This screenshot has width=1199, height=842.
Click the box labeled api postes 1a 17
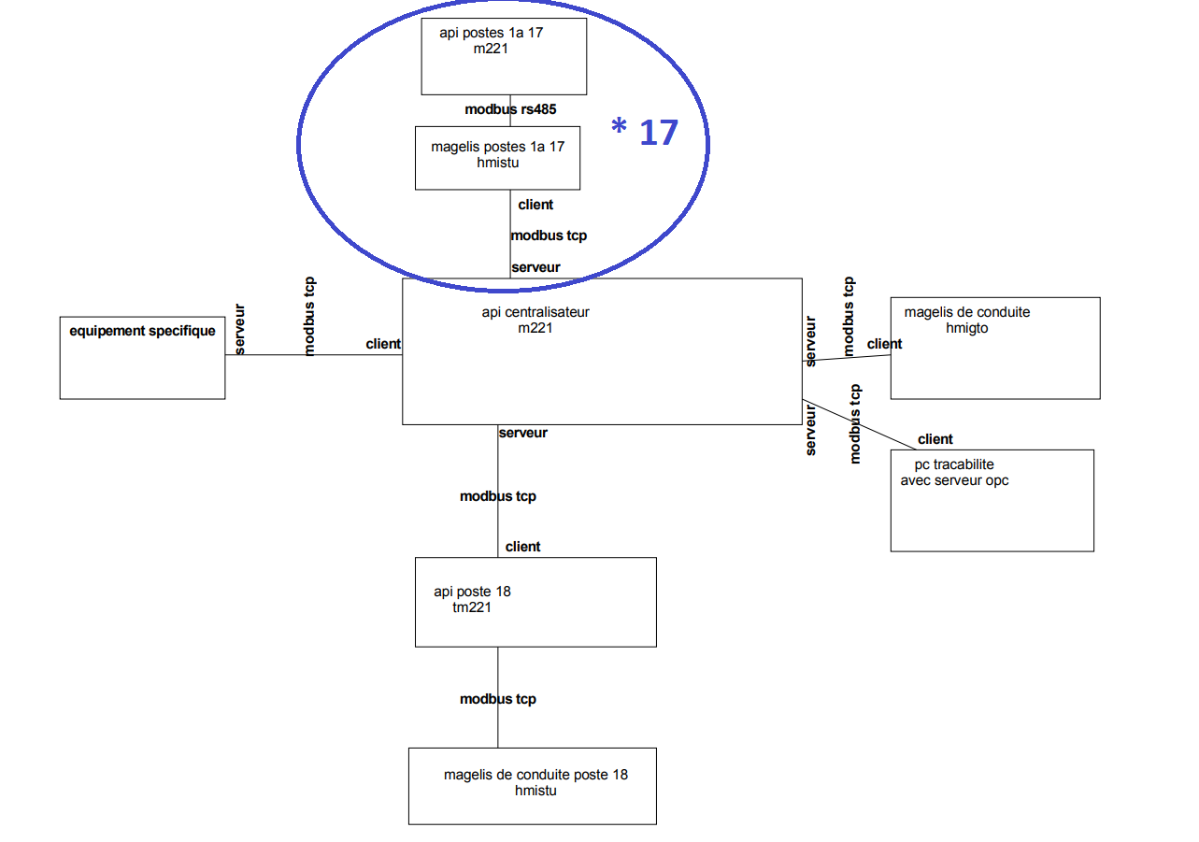point(504,56)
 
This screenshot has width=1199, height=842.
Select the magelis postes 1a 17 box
point(497,158)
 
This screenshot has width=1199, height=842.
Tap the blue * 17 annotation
point(645,133)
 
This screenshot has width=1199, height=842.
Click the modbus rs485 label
point(510,109)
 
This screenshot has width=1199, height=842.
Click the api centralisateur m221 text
point(535,320)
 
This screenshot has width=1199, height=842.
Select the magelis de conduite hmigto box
point(994,348)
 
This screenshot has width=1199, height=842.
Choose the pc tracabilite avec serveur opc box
point(992,500)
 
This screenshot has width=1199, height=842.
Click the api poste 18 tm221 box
point(535,601)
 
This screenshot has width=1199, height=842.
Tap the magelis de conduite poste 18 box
point(533,785)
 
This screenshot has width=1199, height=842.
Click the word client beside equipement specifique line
point(383,344)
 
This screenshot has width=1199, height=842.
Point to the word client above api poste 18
point(522,547)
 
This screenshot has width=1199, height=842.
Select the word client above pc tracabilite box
point(935,439)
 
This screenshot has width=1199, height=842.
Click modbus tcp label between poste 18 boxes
point(497,699)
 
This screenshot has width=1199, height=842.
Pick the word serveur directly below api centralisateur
point(522,433)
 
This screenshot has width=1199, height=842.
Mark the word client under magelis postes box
point(535,205)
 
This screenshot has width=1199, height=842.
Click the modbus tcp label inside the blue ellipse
point(549,235)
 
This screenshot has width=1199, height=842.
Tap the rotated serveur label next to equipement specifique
point(239,329)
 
